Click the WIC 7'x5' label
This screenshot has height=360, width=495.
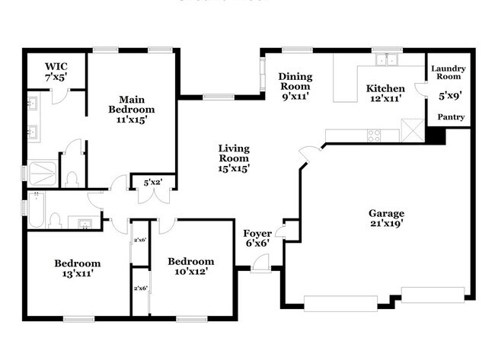coord(56,72)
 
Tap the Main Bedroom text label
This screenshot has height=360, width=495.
coord(131,109)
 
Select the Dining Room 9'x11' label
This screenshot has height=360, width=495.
coord(295,86)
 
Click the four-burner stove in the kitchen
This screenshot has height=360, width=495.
coord(375,135)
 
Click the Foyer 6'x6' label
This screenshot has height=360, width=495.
coord(257,238)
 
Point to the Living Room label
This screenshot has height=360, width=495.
coord(234,158)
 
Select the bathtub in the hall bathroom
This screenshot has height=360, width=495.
coord(36,210)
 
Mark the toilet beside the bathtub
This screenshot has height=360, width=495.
coord(55,221)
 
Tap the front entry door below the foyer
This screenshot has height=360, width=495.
coord(260,264)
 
